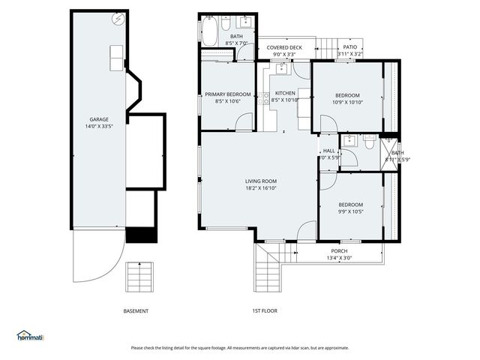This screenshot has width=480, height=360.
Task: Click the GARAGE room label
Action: point(99,119)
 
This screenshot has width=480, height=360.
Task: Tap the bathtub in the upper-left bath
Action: point(209,32)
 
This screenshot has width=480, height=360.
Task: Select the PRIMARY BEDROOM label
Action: point(227,94)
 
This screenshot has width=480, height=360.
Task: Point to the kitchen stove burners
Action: point(266,97)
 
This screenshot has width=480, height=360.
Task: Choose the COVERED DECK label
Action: point(284,47)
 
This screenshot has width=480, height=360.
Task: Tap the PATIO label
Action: point(349,47)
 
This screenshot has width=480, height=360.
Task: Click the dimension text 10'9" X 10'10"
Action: point(347,102)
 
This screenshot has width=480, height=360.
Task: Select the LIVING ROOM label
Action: point(261,181)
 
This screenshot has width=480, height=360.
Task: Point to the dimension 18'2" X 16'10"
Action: point(261,188)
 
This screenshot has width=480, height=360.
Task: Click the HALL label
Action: point(328,151)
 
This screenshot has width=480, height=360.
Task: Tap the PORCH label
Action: point(340,250)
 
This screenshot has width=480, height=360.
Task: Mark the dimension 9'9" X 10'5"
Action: point(350,211)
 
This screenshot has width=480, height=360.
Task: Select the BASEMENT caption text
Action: point(136,311)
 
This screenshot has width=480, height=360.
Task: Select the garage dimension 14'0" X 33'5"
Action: point(99,127)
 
